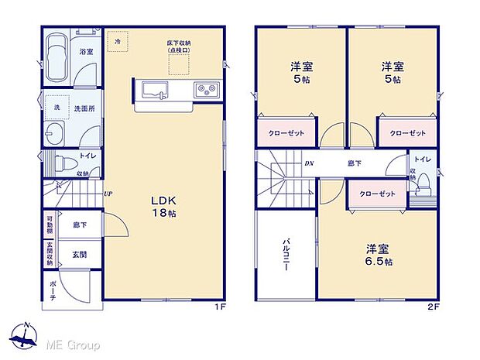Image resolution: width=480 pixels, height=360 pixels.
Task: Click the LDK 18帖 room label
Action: point(164,205)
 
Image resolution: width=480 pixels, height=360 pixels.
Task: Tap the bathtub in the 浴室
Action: point(56,58)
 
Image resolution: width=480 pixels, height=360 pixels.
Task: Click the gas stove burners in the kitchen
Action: point(207,90)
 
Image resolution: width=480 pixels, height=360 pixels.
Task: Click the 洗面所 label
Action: point(84,108)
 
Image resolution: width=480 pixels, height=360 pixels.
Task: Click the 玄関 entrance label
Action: point(80,254)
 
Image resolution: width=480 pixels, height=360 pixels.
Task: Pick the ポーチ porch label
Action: point(52,290)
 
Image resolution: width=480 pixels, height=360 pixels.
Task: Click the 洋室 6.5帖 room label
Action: point(377,255)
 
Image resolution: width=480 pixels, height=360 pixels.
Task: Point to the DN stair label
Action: point(309,164)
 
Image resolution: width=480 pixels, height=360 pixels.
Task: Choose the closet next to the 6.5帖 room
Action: point(376,193)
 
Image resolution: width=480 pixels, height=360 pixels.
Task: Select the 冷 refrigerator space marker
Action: point(118,40)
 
